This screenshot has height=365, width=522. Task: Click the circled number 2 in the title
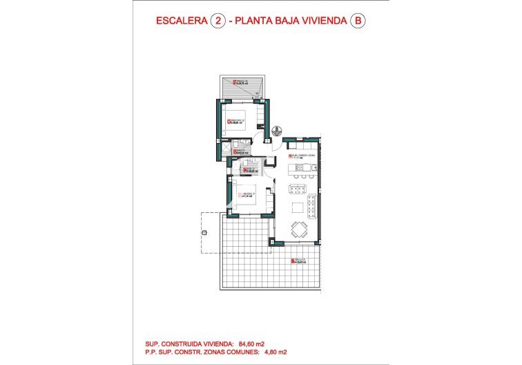pyautogui.click(x=218, y=21)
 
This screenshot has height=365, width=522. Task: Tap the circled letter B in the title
pyautogui.click(x=357, y=21)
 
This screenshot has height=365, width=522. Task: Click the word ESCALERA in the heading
pyautogui.click(x=181, y=21)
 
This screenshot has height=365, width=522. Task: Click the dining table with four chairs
pyautogui.click(x=299, y=230)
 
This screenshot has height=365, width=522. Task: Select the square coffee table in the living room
pyautogui.click(x=297, y=207)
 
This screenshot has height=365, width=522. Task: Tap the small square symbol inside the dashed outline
pyautogui.click(x=204, y=232)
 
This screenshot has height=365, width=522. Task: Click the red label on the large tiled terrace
pyautogui.click(x=298, y=261)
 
